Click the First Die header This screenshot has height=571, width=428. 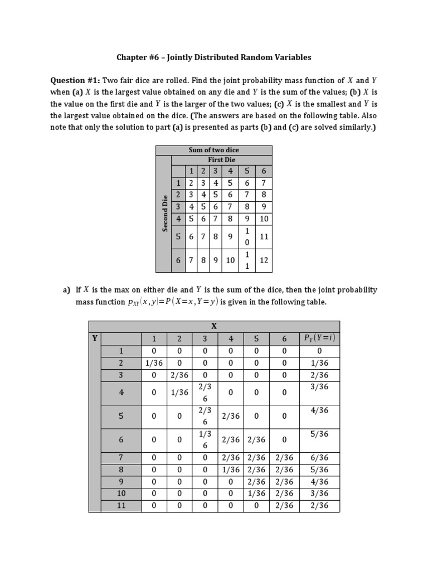click(221, 159)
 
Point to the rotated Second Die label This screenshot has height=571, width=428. click(164, 214)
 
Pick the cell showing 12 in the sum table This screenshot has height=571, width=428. click(264, 260)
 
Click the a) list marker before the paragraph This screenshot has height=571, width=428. click(66, 290)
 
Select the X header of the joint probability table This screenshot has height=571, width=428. click(213, 326)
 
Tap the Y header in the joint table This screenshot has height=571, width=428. click(94, 338)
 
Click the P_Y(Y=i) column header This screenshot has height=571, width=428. click(319, 338)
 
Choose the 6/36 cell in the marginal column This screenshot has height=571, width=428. click(319, 458)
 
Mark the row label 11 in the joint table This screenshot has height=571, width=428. click(121, 506)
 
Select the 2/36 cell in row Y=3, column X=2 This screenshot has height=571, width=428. click(179, 375)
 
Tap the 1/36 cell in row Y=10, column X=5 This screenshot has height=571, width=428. click(256, 493)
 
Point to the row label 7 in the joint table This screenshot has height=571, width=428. click(121, 458)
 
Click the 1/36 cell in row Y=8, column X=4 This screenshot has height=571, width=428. click(231, 470)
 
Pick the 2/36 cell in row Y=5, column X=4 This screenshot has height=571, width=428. click(231, 416)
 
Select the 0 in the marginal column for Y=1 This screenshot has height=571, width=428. click(319, 351)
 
